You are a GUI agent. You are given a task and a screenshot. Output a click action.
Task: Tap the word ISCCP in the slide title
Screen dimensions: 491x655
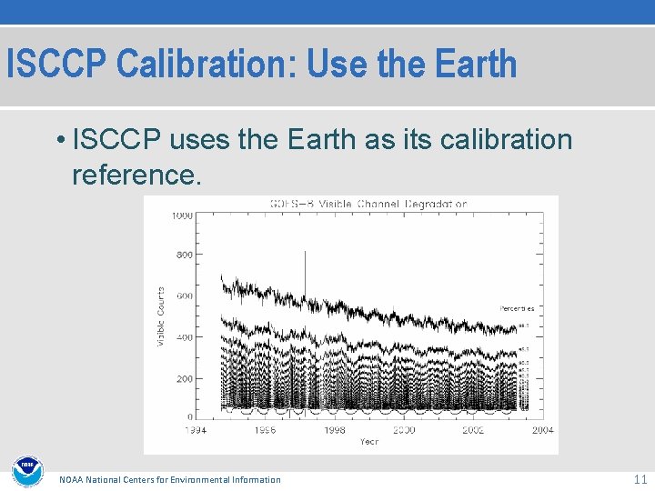pos(57,65)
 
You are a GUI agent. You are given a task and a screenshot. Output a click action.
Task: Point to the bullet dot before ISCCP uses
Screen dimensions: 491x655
pos(58,141)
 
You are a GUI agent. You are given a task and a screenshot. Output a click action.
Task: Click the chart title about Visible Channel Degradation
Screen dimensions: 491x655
pos(368,204)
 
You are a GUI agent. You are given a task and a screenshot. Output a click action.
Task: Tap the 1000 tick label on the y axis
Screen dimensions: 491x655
pos(181,215)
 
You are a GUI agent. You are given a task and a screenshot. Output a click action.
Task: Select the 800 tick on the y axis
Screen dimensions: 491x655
pos(184,256)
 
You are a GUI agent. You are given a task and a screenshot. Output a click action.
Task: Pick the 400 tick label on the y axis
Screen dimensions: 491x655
pos(184,337)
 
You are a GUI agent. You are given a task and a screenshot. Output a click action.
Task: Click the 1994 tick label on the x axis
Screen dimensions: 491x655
pos(196,430)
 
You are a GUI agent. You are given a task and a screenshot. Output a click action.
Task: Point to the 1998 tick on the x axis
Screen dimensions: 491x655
pos(334,430)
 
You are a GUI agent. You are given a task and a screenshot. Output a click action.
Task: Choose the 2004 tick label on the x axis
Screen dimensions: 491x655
pos(542,430)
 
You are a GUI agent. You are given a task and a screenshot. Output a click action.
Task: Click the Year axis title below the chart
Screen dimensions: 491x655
pos(368,441)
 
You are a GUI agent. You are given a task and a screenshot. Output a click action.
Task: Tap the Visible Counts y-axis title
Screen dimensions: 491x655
pos(161,316)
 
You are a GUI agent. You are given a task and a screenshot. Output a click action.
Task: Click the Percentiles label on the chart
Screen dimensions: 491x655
pos(517,308)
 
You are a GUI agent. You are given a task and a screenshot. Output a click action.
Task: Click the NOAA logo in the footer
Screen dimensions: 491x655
pos(26,471)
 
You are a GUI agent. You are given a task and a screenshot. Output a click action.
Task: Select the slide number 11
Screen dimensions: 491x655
pos(639,478)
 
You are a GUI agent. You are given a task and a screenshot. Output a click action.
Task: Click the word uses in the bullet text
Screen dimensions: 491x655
pos(196,141)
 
